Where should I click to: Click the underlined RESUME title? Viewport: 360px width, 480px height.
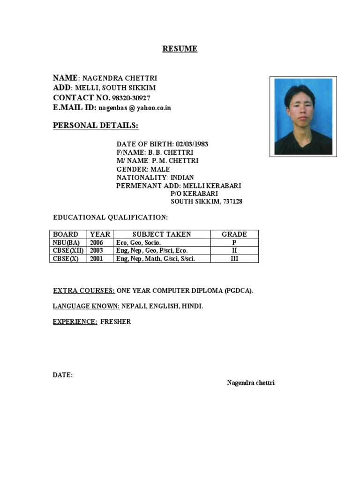point(180,49)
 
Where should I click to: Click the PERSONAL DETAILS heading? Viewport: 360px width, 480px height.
point(96,125)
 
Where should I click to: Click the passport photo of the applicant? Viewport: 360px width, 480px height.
point(303,116)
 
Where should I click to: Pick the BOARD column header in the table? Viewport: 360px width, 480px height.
point(66,234)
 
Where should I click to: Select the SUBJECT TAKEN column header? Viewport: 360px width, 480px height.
point(162,234)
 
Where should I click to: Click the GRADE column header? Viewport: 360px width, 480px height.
point(234,234)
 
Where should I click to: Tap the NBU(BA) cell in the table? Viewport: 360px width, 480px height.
point(66,243)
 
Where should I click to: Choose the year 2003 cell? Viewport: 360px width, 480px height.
point(97,251)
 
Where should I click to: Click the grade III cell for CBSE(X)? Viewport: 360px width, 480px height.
point(234,258)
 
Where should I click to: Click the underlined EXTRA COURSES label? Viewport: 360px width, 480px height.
point(84,291)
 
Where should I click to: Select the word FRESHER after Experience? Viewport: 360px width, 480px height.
point(116,322)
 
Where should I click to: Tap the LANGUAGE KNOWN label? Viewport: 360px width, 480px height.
point(86,306)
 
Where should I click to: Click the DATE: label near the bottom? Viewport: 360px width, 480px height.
point(63,375)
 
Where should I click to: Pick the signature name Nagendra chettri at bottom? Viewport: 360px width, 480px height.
point(251,383)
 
